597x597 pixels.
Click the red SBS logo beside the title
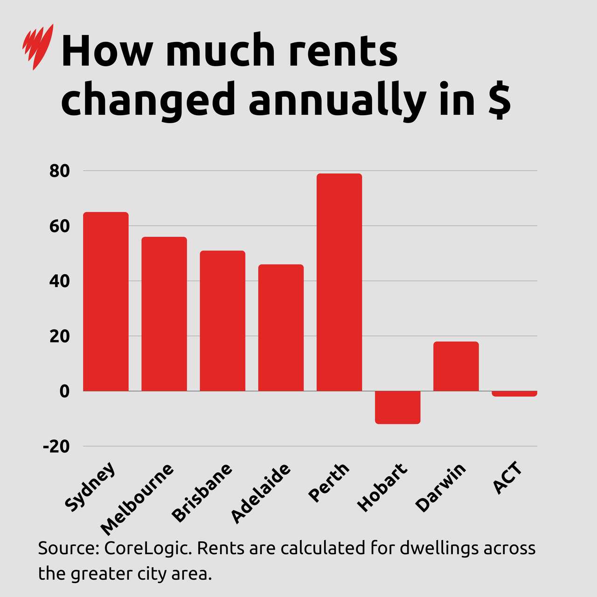pyautogui.click(x=37, y=46)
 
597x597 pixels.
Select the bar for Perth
pyautogui.click(x=339, y=282)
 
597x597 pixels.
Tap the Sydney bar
pyautogui.click(x=106, y=301)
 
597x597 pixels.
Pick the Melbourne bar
pyautogui.click(x=164, y=314)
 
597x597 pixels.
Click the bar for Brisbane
pyautogui.click(x=222, y=321)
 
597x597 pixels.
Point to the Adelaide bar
pyautogui.click(x=281, y=327)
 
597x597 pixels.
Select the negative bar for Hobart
pyautogui.click(x=397, y=407)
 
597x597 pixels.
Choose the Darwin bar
pyautogui.click(x=456, y=366)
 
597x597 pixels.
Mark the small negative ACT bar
pyautogui.click(x=514, y=394)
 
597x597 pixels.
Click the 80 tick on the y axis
pyautogui.click(x=59, y=171)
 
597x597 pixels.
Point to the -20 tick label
pyautogui.click(x=56, y=446)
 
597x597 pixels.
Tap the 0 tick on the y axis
pyautogui.click(x=64, y=391)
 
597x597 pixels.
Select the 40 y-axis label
pyautogui.click(x=59, y=281)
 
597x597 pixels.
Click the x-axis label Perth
pyautogui.click(x=329, y=482)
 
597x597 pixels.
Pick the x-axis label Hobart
pyautogui.click(x=382, y=487)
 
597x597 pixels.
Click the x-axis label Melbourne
pyautogui.click(x=137, y=499)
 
